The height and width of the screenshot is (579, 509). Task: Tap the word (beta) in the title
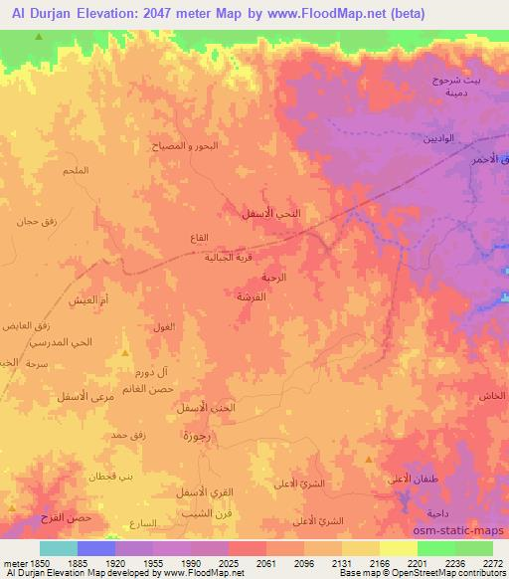[403, 14]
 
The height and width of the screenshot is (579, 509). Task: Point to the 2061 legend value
[265, 563]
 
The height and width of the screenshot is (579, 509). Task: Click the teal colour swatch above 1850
[59, 548]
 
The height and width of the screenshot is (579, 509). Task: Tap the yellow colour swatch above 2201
[399, 548]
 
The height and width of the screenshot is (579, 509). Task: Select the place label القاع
[199, 238]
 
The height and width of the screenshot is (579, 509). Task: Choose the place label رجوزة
[196, 436]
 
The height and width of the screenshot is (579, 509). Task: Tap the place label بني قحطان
[113, 476]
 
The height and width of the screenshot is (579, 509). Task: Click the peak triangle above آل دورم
[124, 353]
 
